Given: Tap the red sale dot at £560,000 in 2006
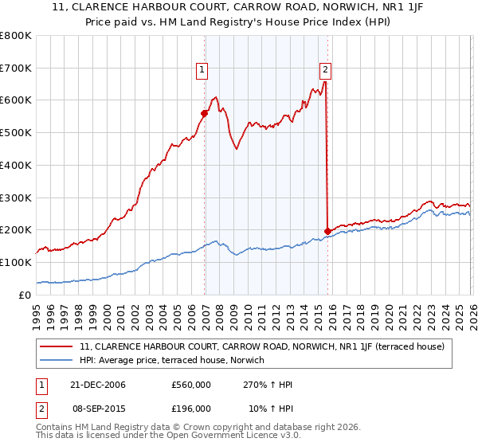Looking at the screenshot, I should (204, 113).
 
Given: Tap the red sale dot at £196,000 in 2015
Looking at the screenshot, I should (327, 231).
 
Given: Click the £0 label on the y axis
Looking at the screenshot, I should (24, 295).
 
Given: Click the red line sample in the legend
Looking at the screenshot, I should (57, 346).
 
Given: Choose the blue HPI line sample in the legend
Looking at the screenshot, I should (57, 360).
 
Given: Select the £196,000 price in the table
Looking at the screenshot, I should (190, 407).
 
